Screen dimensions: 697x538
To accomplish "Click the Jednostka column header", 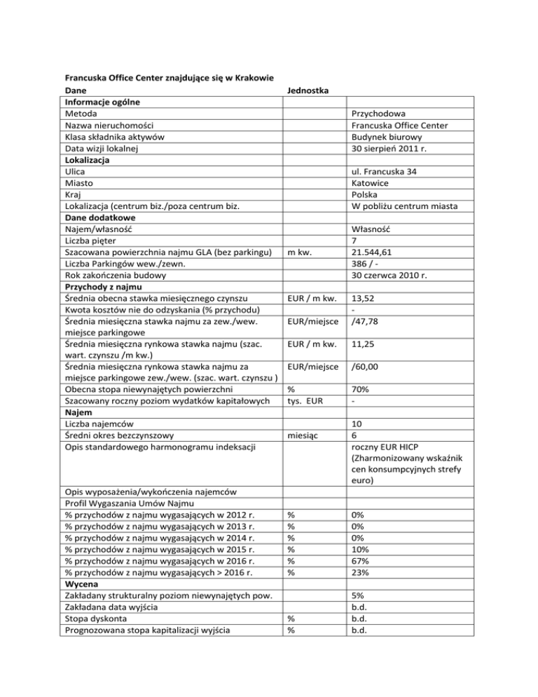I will click(x=312, y=90).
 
